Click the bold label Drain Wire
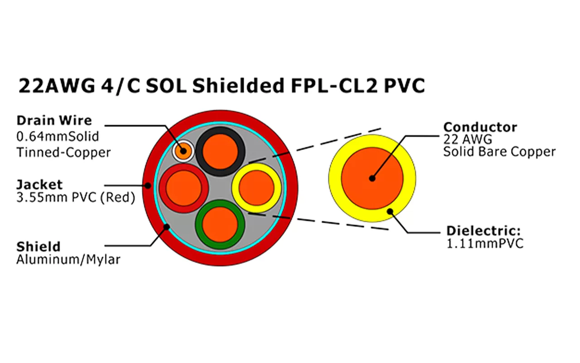pyautogui.click(x=54, y=121)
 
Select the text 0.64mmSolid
pyautogui.click(x=58, y=137)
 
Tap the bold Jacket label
pyautogui.click(x=39, y=185)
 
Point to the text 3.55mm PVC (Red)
pyautogui.click(x=76, y=199)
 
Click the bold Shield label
pyautogui.click(x=38, y=247)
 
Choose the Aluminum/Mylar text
pyautogui.click(x=68, y=260)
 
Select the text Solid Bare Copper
pyautogui.click(x=499, y=152)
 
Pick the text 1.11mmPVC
pyautogui.click(x=485, y=244)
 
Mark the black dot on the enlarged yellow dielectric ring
pyautogui.click(x=390, y=211)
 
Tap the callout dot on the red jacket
pyautogui.click(x=148, y=185)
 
